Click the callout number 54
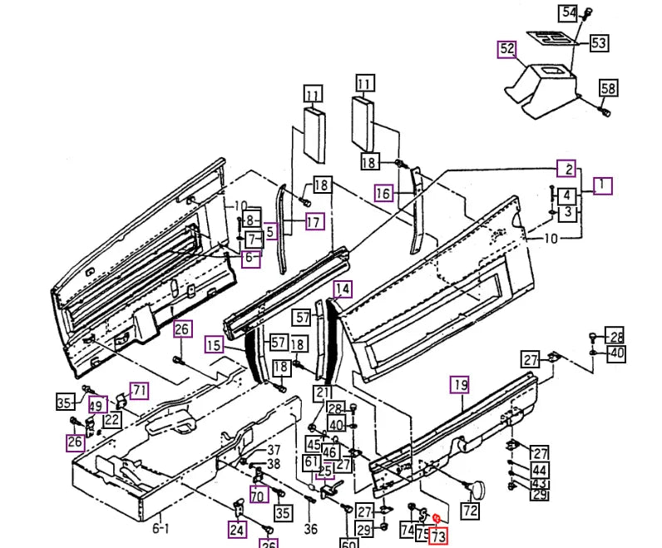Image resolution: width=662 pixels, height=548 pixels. coord(568,12)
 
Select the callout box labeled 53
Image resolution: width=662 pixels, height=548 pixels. coord(599,43)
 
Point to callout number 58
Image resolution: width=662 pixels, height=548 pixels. coord(608,88)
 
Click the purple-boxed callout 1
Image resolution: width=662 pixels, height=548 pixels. coord(602,185)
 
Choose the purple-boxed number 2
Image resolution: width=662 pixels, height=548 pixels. coord(566,169)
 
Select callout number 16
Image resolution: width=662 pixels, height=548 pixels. coord(383,194)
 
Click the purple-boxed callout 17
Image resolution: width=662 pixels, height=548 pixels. coord(313,222)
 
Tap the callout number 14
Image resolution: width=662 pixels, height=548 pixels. coord(343,289)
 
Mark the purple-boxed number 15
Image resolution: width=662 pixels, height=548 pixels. coord(215,345)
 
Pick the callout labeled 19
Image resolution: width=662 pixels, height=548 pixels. coord(460,384)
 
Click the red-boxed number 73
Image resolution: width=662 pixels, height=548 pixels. coord(438,537)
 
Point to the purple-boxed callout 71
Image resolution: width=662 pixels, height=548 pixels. coord(138,391)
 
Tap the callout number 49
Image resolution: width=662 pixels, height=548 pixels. coord(97,405)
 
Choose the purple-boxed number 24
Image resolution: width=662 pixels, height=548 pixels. coord(238,529)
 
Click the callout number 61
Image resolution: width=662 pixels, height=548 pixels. coord(311,462)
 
